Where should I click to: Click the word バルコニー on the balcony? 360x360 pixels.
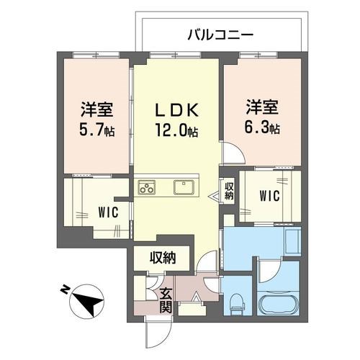[x=221, y=34]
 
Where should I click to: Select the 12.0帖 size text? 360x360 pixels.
[x=177, y=132]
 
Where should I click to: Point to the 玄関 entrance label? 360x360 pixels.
[x=164, y=300]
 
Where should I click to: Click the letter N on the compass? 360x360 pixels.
[x=64, y=289]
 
